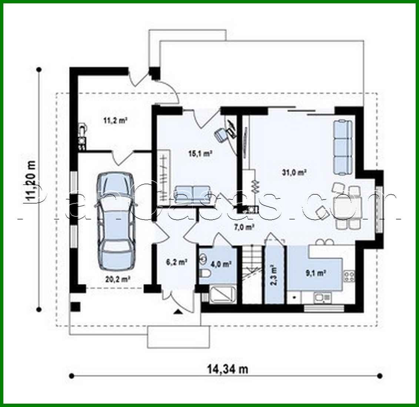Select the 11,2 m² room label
(x=115, y=120)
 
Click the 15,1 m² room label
(x=200, y=153)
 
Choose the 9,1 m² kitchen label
(x=315, y=274)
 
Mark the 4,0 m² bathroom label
(x=221, y=264)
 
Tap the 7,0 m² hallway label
(x=244, y=227)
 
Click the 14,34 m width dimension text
(x=227, y=369)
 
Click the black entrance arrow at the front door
(x=179, y=312)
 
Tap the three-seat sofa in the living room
(x=342, y=147)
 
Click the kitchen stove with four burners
(x=349, y=276)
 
